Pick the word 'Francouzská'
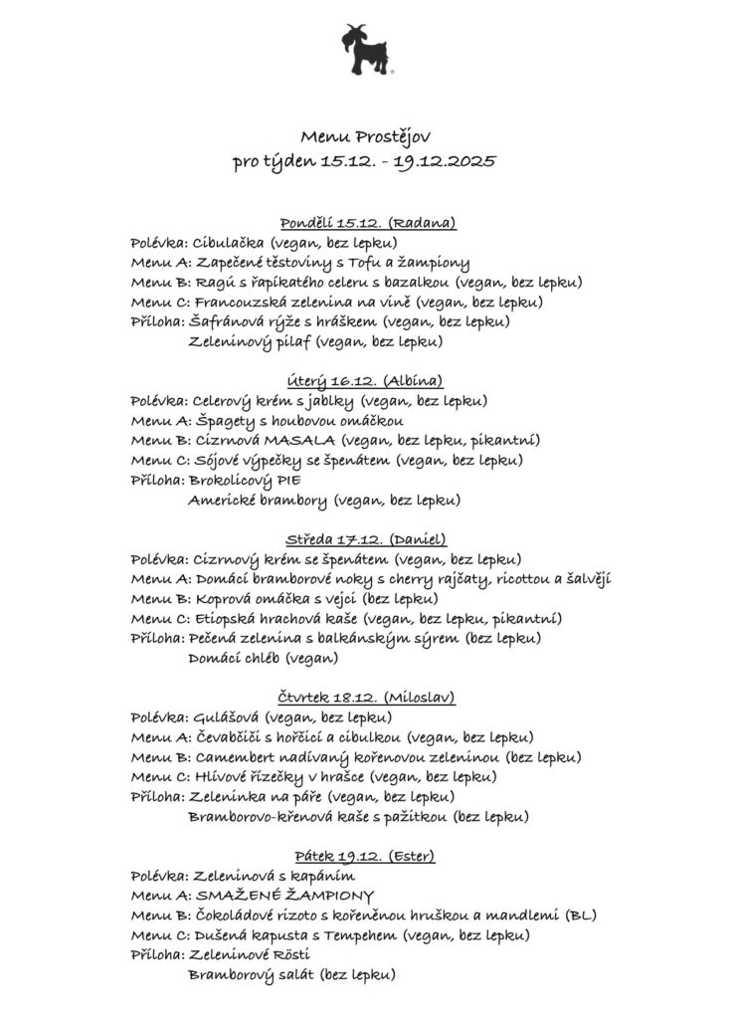pyautogui.click(x=237, y=302)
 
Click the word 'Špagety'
pyautogui.click(x=223, y=420)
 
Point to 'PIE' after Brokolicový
pyautogui.click(x=286, y=480)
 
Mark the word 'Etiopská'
pyautogui.click(x=224, y=618)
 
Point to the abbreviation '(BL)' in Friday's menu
pyautogui.click(x=581, y=915)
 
